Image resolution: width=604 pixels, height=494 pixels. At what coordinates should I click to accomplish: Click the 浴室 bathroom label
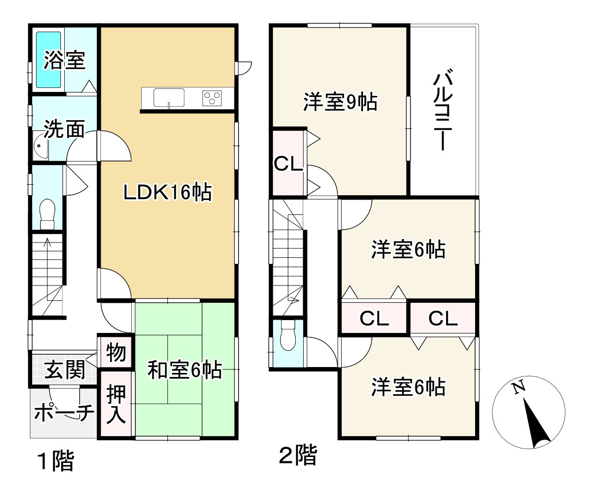pos(64,60)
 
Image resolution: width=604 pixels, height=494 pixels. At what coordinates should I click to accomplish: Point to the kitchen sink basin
pos(169,97)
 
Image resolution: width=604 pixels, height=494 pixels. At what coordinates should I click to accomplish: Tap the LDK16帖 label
pos(167,192)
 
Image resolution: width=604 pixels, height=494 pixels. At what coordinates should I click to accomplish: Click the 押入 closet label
pos(117,404)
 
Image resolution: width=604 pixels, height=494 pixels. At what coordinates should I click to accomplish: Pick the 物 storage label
pos(116,353)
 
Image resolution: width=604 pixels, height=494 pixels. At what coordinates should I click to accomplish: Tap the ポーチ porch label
pos(64,413)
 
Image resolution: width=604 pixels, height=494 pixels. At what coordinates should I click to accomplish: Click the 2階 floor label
pos(298,456)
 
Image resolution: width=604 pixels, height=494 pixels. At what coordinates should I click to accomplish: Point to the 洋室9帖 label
pos(340,102)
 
